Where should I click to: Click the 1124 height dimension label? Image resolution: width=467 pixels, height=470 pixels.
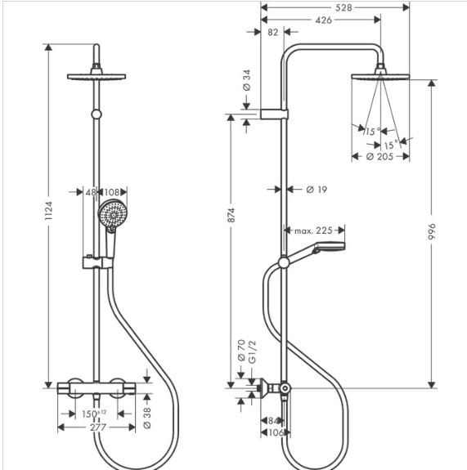[x=48, y=211]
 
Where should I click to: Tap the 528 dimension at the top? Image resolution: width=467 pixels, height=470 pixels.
[x=344, y=8]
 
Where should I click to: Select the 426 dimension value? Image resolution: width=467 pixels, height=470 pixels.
[x=324, y=20]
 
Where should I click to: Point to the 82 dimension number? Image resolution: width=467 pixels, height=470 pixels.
[x=272, y=32]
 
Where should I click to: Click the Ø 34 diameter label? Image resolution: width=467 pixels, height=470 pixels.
[x=246, y=80]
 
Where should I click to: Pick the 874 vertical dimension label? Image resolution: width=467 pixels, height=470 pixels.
[x=231, y=215]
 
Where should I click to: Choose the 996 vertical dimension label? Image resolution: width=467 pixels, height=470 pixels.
[x=431, y=231]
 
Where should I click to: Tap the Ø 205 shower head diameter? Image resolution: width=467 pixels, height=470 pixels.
[x=379, y=156]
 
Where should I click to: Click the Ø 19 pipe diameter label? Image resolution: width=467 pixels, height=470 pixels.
[x=317, y=190]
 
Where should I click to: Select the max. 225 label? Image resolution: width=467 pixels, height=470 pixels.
[x=313, y=231]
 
